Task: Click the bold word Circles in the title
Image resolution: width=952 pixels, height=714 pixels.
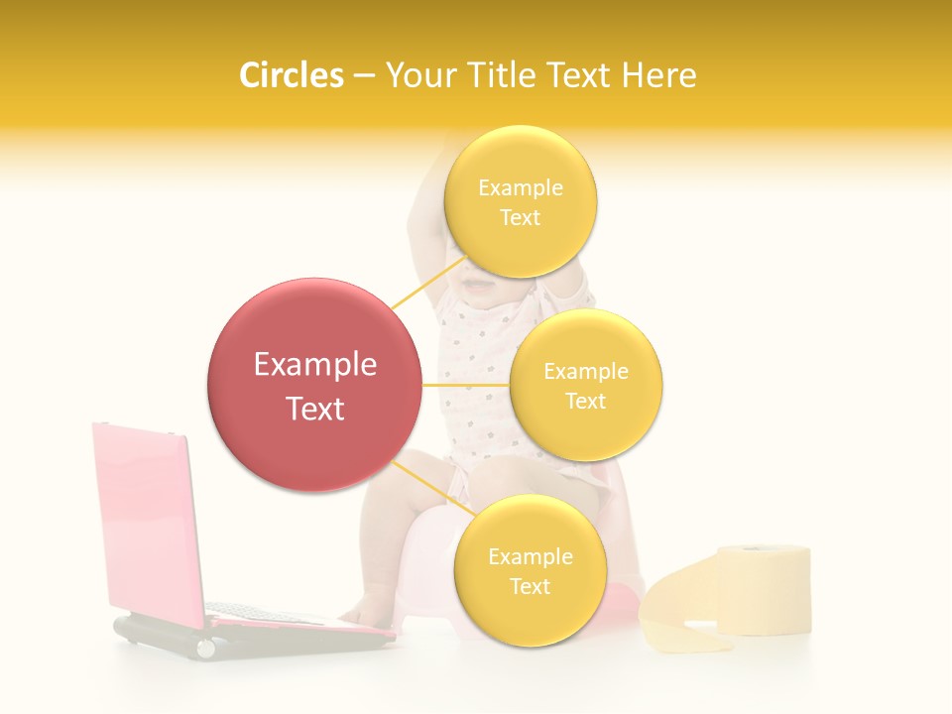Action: tap(292, 75)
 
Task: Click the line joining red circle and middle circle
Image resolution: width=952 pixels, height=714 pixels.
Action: tap(466, 385)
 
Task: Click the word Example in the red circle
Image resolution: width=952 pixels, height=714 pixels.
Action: tap(315, 365)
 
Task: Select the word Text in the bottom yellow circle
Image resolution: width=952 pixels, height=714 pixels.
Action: tap(530, 587)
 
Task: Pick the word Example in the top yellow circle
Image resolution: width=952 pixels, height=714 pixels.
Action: tap(520, 188)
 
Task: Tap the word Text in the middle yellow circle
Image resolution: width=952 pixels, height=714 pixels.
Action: tap(586, 402)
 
